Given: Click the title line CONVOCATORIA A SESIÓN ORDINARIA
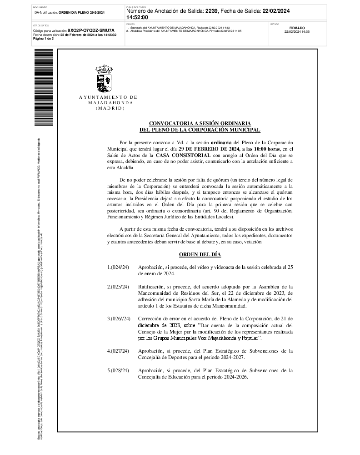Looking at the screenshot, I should pyautogui.click(x=200, y=123).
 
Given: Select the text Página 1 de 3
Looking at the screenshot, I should pyautogui.click(x=44, y=39).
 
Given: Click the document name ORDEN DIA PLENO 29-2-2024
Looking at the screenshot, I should pyautogui.click(x=82, y=12).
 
